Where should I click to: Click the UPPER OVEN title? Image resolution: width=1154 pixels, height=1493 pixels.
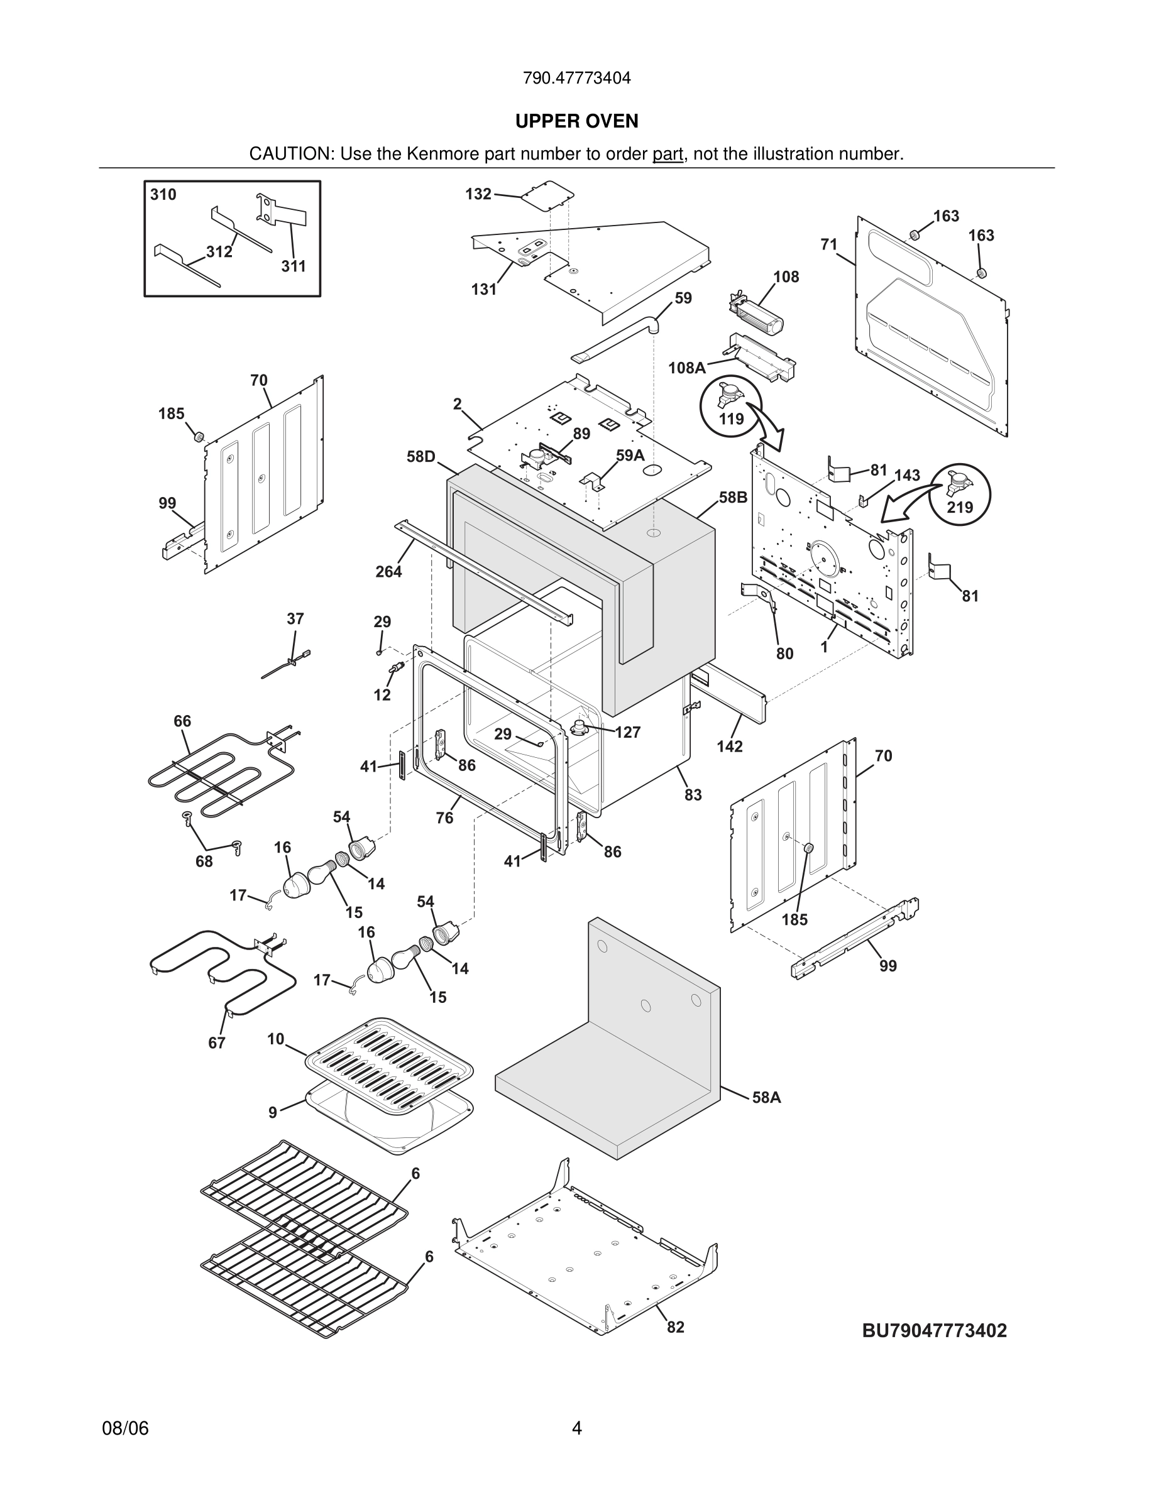coord(576,121)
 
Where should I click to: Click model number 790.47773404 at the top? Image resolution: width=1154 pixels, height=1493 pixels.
coord(576,78)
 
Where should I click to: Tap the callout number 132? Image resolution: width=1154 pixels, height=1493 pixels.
coord(478,194)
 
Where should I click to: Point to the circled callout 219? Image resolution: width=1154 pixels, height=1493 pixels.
coord(960,495)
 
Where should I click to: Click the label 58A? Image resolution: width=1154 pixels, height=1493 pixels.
coord(766,1097)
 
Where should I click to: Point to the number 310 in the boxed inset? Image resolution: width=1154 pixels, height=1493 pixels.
coord(163,195)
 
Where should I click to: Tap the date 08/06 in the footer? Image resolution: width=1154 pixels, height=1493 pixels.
coord(125,1428)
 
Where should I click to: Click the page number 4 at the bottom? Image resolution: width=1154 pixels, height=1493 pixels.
coord(576,1428)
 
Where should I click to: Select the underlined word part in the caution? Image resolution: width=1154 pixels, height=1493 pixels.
coord(668,155)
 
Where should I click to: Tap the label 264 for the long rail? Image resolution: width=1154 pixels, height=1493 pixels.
coord(388,571)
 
